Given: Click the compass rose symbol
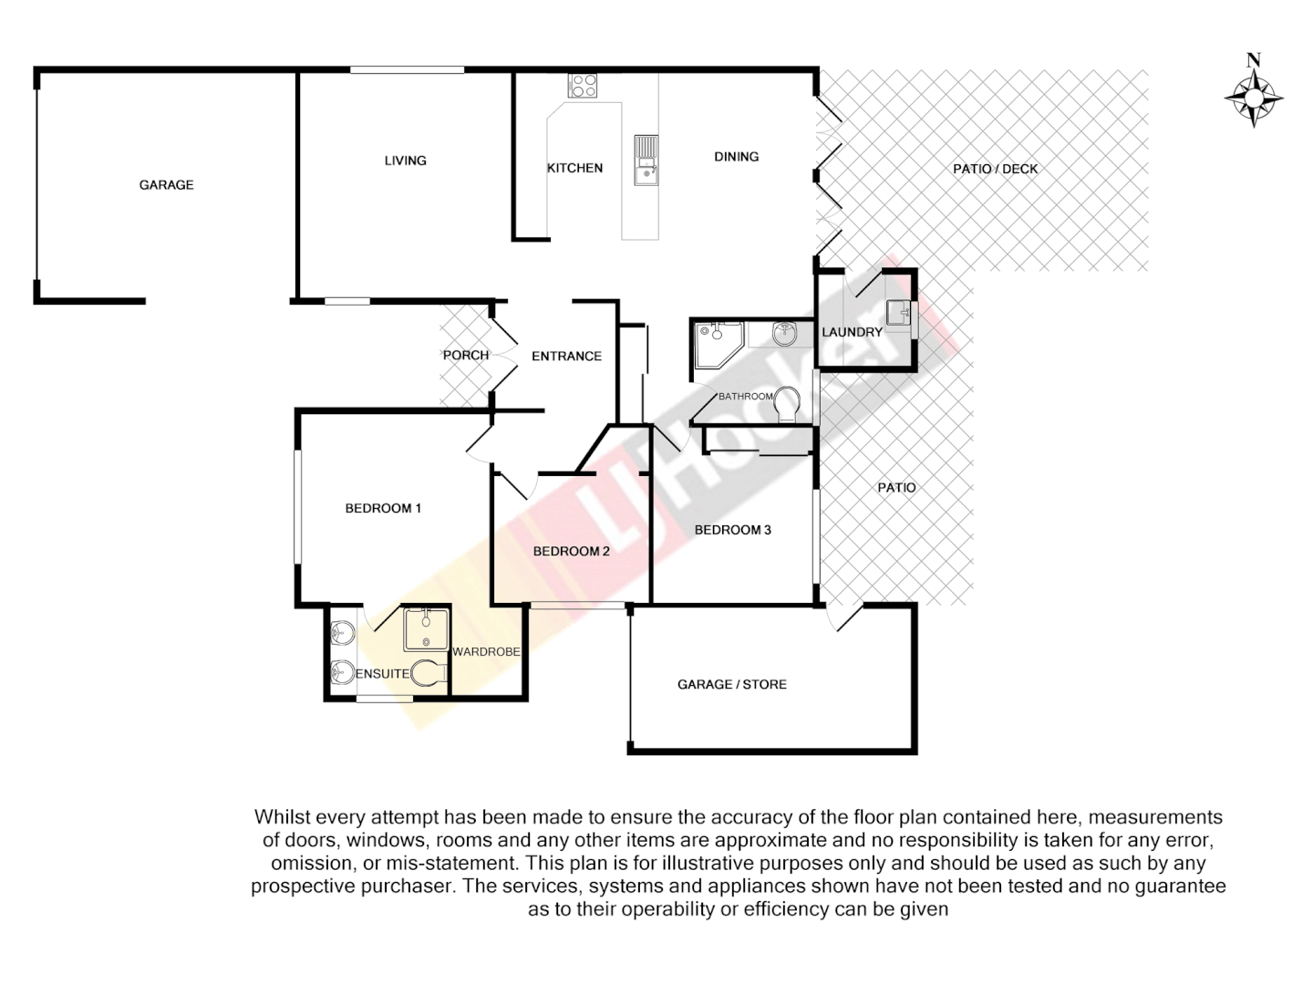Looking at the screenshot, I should [x=1254, y=95].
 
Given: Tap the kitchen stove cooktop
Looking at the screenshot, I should [x=583, y=86].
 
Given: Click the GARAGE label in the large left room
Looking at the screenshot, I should [x=166, y=184].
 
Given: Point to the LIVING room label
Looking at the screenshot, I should [x=405, y=161].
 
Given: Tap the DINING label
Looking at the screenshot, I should [x=736, y=157].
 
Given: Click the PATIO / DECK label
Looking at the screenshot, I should [x=995, y=169].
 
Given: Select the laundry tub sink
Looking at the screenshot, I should [x=898, y=312].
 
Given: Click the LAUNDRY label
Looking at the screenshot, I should [x=852, y=332].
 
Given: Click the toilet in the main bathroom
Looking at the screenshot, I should [x=786, y=404].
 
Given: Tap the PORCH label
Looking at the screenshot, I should [x=465, y=355].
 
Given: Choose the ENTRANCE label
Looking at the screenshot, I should [x=566, y=356].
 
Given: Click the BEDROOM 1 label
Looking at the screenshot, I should [x=383, y=508].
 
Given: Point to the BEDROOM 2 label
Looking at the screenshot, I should [x=571, y=551].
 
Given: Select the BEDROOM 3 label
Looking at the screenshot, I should [x=732, y=530].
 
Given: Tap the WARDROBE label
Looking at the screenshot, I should [x=486, y=652].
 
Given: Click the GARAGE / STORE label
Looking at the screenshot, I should [x=731, y=684].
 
